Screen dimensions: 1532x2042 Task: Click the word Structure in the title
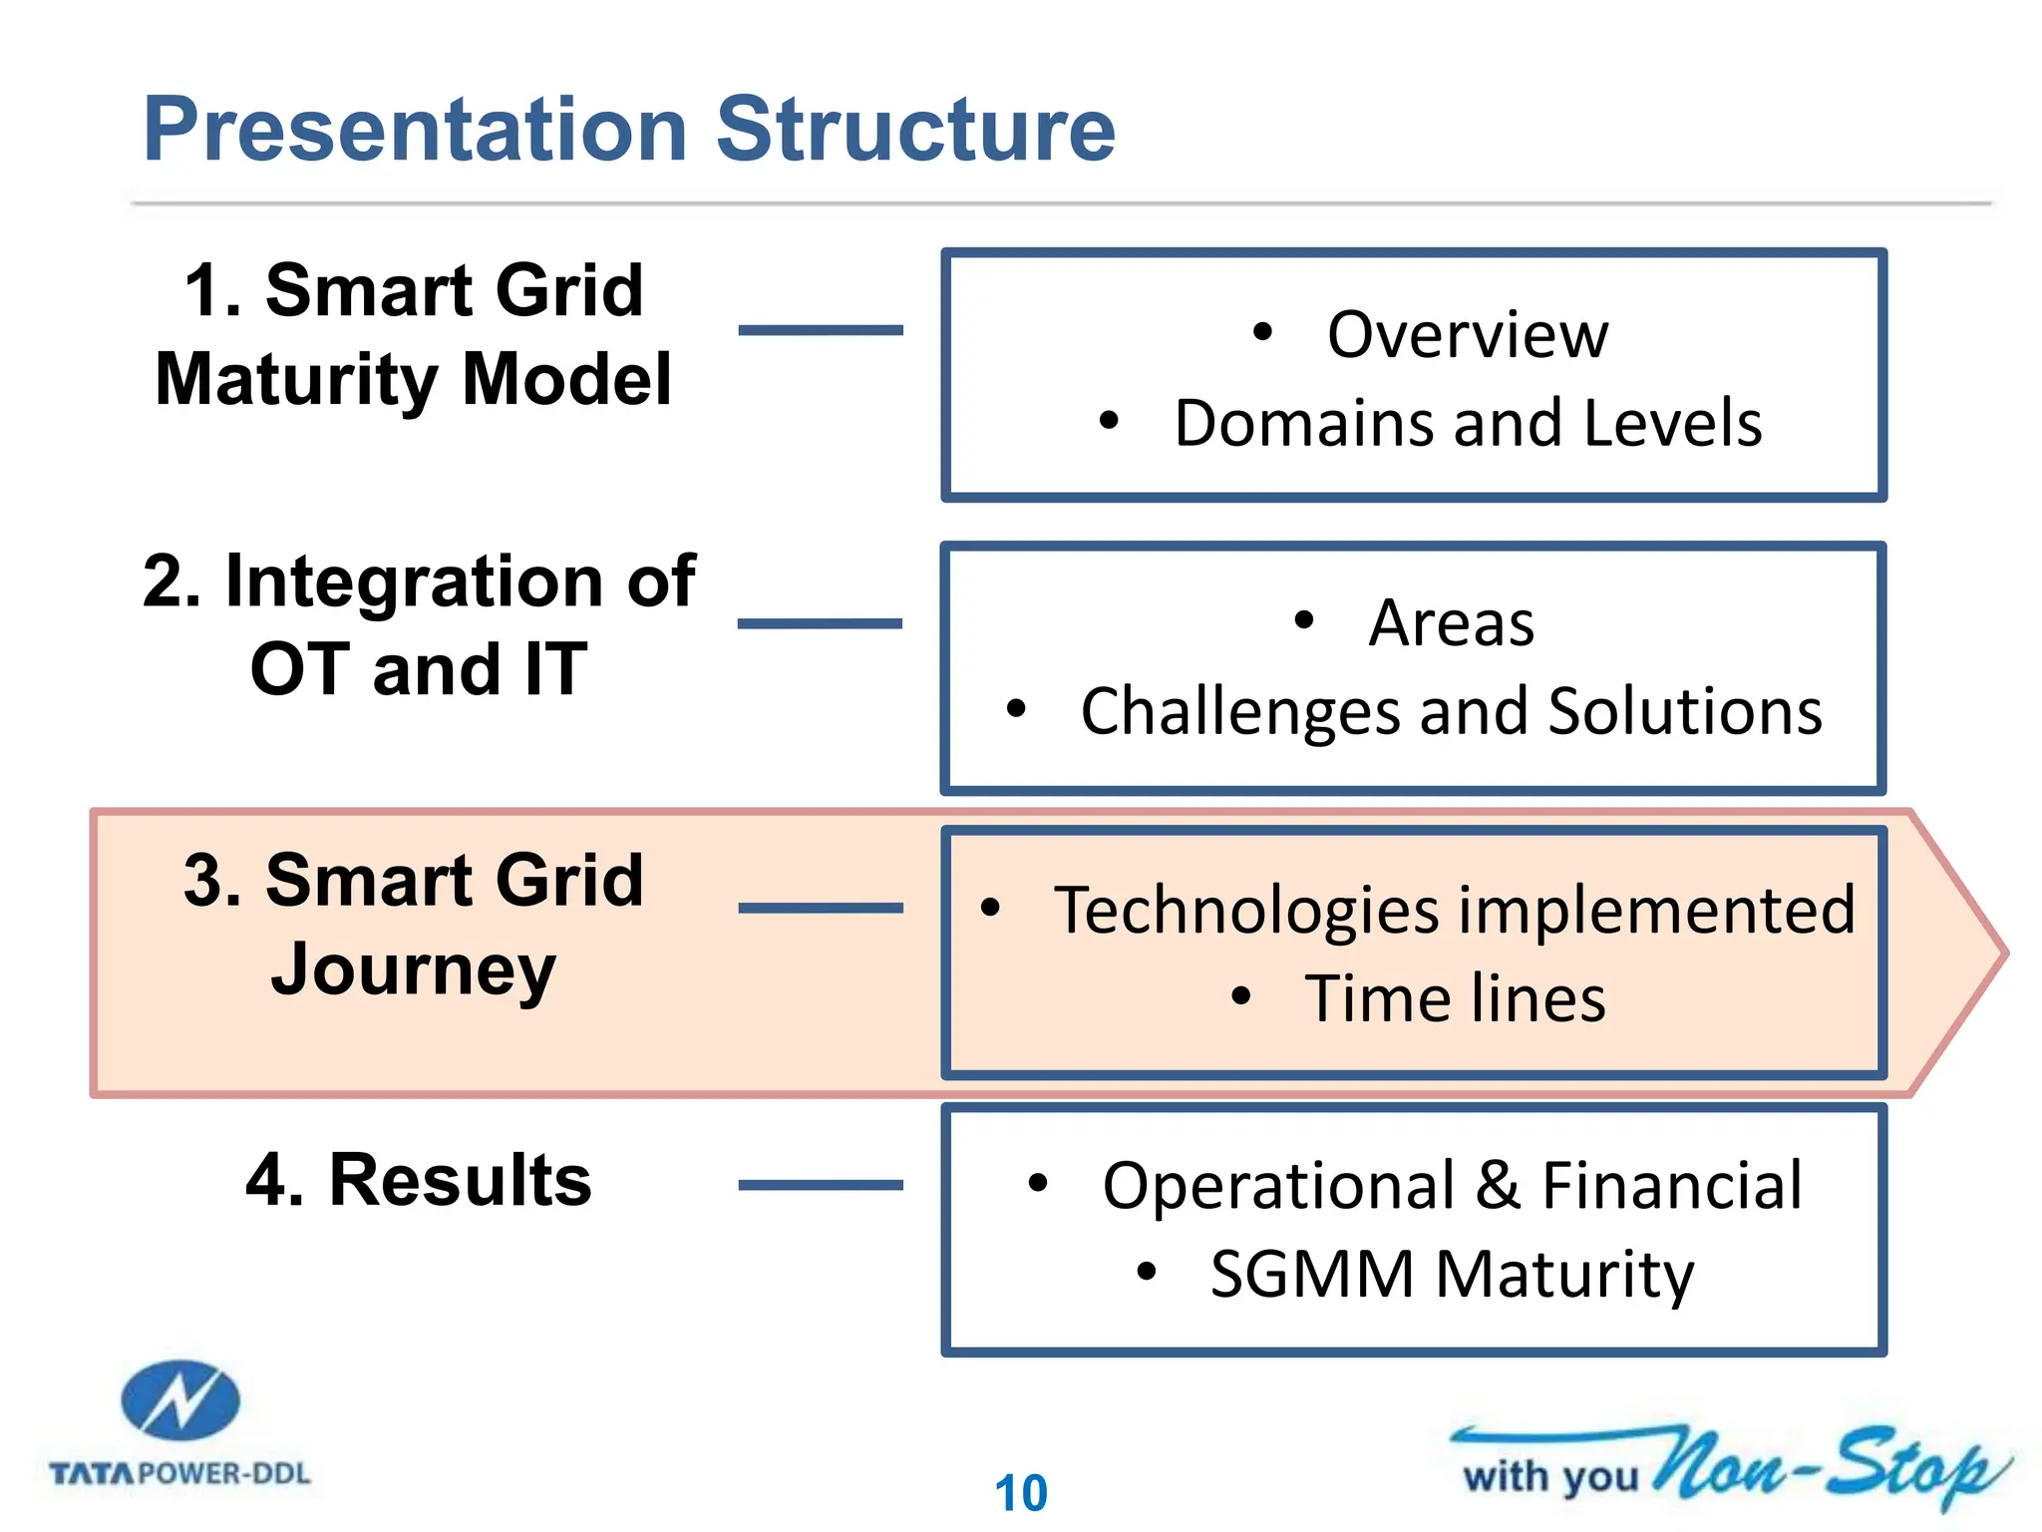pos(915,130)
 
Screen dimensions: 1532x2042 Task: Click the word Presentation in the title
pos(415,130)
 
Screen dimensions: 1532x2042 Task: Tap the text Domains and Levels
pos(1468,423)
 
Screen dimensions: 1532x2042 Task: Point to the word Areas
pos(1451,623)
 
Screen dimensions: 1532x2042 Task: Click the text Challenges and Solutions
pos(1452,711)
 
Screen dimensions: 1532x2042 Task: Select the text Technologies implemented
pos(1455,910)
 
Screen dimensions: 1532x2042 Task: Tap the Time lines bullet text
pos(1455,998)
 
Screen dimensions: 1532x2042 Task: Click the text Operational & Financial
pos(1452,1186)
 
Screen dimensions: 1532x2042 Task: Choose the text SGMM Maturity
pos(1452,1275)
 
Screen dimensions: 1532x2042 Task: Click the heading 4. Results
pos(419,1180)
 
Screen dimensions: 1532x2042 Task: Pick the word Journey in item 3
pos(413,969)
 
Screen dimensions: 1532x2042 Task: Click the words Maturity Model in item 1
pos(414,380)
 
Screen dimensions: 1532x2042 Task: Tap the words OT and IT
pos(419,669)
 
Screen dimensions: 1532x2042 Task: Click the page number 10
pos(1021,1493)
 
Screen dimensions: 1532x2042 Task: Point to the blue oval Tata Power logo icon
pos(180,1400)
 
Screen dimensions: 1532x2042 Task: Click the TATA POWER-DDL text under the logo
pos(180,1473)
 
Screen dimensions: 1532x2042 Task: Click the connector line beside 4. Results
pos(821,1185)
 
